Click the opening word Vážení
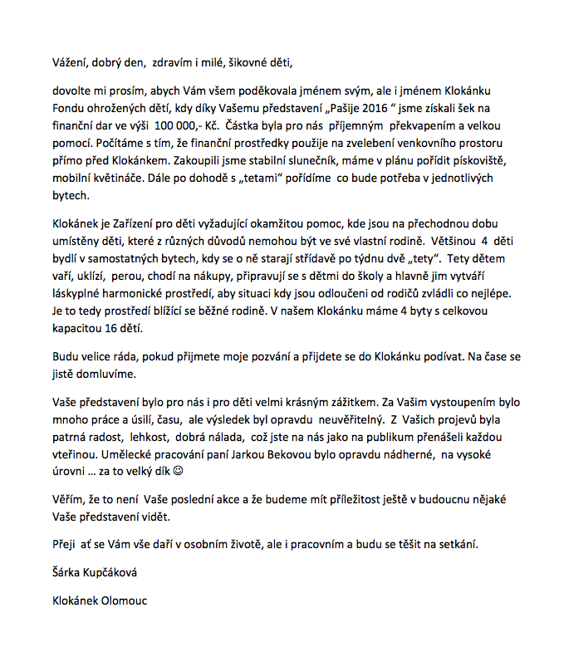pos(69,61)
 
